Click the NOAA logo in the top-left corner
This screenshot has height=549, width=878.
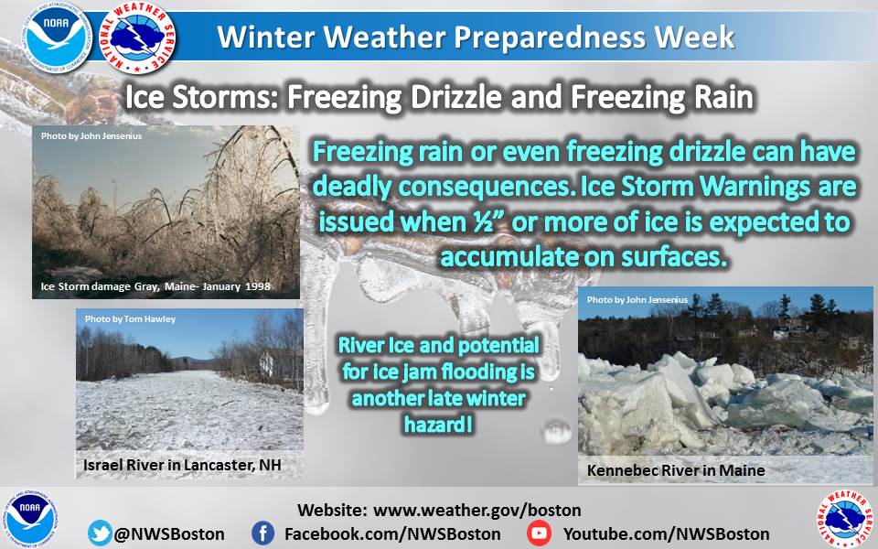pos(56,37)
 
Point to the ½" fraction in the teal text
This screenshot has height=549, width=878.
pos(486,221)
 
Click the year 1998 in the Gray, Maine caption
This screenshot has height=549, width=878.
pos(257,286)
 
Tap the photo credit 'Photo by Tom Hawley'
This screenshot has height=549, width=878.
pos(130,318)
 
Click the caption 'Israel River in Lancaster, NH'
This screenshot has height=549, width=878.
pos(182,465)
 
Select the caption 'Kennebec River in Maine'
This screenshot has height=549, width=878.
pos(676,470)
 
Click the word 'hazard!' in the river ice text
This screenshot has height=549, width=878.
pos(438,425)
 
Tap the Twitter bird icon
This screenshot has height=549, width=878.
pos(99,533)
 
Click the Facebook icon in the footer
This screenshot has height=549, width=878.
pos(262,533)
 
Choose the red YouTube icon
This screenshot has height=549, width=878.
pos(539,533)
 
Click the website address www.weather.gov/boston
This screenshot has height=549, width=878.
pos(477,511)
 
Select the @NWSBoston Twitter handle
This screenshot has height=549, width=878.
pos(169,533)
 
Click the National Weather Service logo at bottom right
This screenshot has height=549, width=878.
pos(845,519)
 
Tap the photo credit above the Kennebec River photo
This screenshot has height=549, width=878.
pos(637,300)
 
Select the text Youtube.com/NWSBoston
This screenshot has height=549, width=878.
pos(667,533)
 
